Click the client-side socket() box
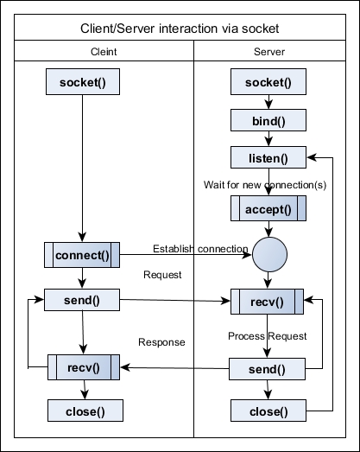(83, 81)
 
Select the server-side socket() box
(268, 81)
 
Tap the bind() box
(268, 120)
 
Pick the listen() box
(268, 157)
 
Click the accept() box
(268, 208)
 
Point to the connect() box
(82, 255)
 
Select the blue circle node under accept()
(269, 255)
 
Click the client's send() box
(82, 300)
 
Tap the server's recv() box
(267, 302)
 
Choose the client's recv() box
(84, 367)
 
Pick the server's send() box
(267, 369)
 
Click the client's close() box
(85, 411)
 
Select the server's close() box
(268, 411)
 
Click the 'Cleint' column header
(104, 52)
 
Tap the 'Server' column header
(269, 52)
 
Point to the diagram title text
(180, 29)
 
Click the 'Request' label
(162, 275)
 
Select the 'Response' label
(161, 342)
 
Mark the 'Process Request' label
(268, 336)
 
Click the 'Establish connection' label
(200, 249)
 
